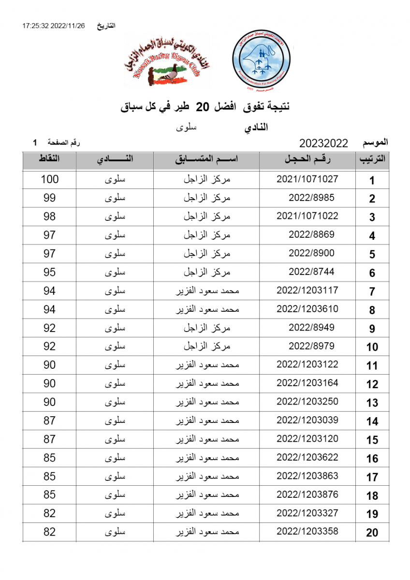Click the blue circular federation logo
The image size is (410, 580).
tap(261, 61)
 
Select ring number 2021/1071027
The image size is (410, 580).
tap(307, 179)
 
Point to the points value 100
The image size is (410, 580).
tap(49, 179)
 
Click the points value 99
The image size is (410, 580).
tap(49, 198)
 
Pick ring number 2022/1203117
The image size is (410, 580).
tap(307, 290)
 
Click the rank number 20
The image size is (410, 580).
tap(372, 533)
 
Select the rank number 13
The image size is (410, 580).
tap(372, 403)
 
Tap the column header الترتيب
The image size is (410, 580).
tap(372, 160)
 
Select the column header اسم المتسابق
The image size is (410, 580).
tap(207, 160)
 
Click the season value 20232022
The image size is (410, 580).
tap(324, 143)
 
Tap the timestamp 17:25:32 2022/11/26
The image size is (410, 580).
tap(53, 26)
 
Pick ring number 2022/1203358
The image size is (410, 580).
tap(307, 531)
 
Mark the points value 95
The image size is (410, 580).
tap(49, 272)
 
